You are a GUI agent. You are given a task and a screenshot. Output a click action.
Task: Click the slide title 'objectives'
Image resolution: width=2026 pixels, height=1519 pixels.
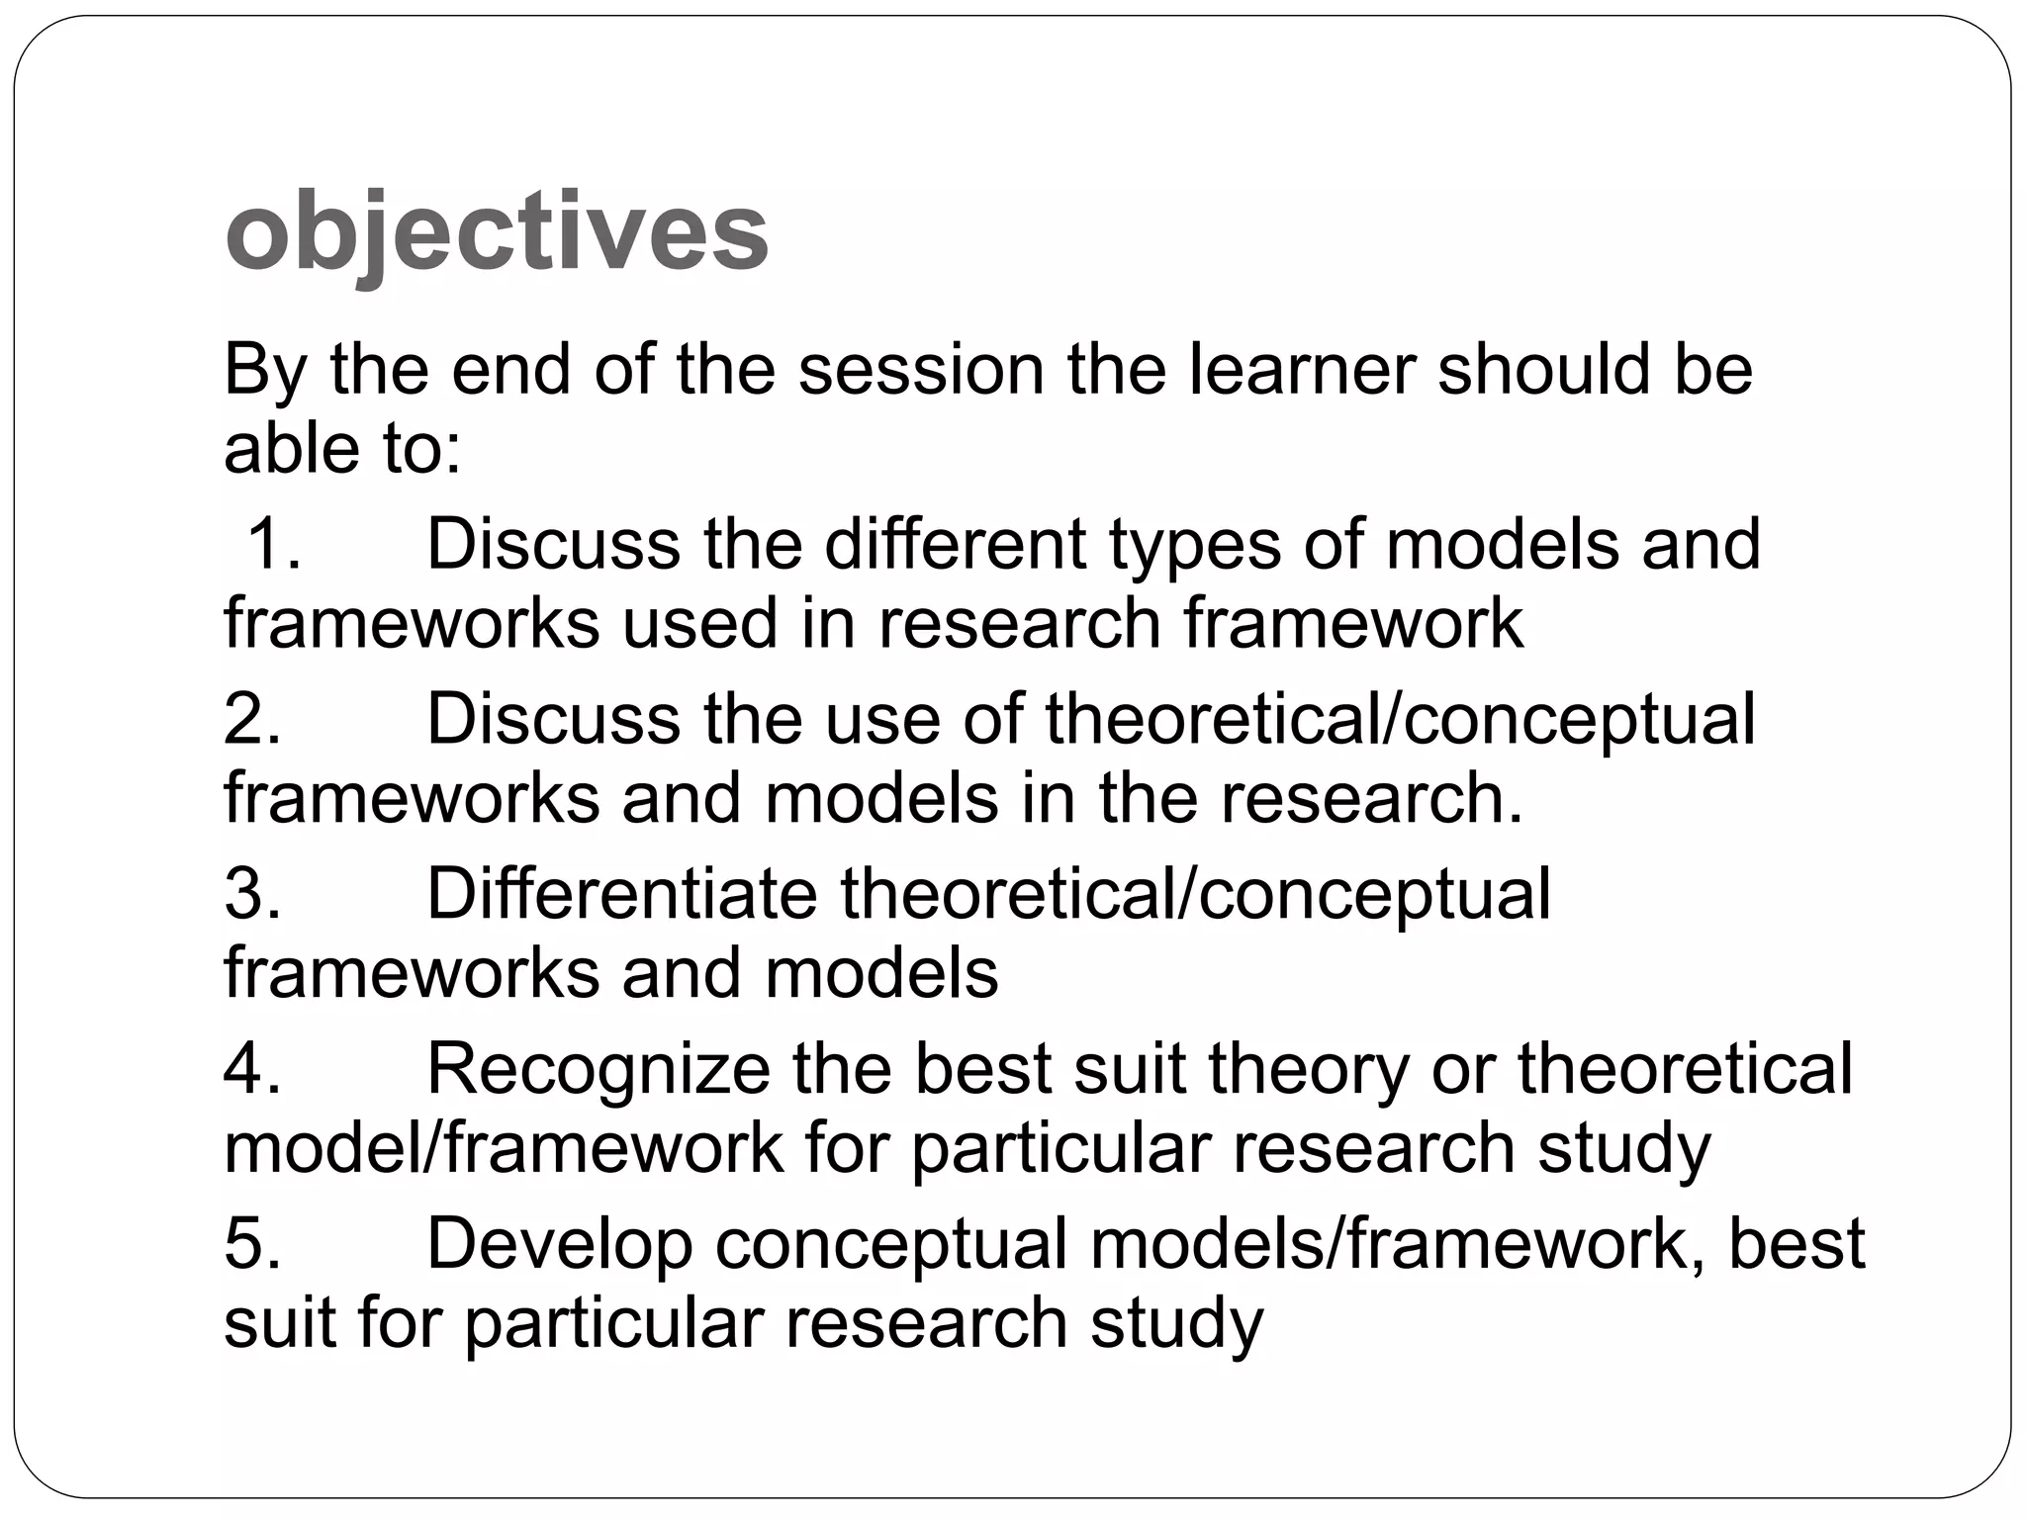[x=497, y=233]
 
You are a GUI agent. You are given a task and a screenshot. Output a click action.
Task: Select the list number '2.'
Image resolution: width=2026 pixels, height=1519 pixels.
[x=253, y=719]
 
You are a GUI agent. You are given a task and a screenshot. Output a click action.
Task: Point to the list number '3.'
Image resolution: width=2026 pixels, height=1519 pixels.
[x=253, y=894]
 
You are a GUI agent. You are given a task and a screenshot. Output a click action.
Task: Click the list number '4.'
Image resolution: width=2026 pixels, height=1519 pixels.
[x=253, y=1069]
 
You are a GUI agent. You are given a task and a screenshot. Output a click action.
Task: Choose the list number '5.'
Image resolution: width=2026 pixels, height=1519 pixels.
[x=253, y=1244]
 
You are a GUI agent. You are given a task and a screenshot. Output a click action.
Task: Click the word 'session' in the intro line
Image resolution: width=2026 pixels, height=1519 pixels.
[x=921, y=370]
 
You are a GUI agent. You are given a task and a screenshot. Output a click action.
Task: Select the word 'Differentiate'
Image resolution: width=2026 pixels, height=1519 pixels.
[x=621, y=894]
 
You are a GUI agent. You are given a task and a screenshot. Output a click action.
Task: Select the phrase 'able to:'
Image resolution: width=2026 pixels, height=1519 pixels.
[x=342, y=448]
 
